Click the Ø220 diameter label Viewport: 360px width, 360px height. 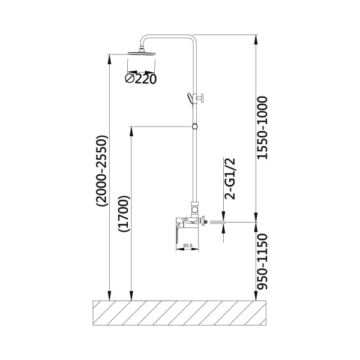(x=141, y=79)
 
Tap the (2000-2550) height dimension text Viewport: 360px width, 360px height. (x=102, y=171)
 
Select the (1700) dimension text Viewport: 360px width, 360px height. (x=124, y=214)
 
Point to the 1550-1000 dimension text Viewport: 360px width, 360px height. (x=262, y=128)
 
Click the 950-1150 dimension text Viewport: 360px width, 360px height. (x=262, y=262)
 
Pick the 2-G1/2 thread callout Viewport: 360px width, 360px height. (x=230, y=179)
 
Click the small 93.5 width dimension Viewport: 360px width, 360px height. (x=188, y=245)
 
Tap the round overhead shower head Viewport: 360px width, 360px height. (x=142, y=53)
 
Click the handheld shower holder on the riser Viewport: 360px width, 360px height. (x=195, y=98)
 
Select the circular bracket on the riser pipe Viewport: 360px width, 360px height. (x=194, y=127)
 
